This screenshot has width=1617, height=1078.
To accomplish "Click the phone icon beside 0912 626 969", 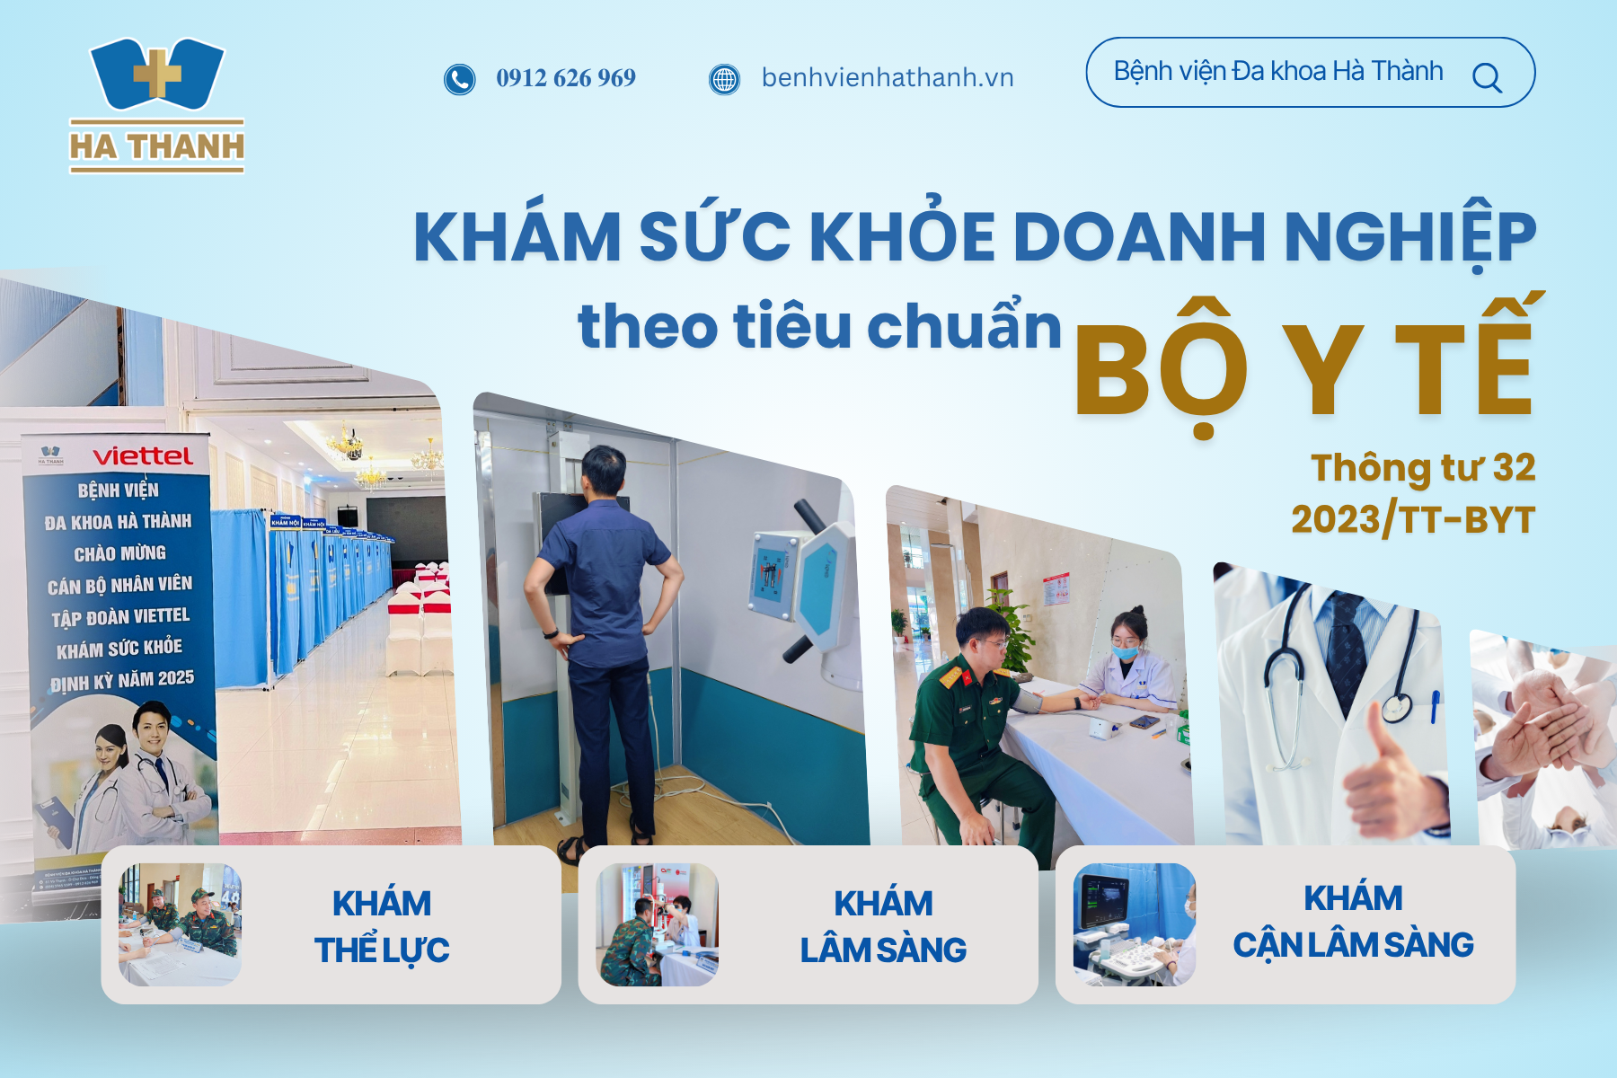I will coord(459,79).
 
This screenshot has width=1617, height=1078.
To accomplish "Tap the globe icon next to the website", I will coord(724,79).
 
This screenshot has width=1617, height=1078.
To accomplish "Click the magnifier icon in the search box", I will coord(1487,78).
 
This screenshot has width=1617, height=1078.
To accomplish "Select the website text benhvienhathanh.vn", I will coord(888,78).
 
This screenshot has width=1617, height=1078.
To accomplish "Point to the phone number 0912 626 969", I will coord(566,78).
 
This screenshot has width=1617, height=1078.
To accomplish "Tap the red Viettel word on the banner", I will coord(143,456).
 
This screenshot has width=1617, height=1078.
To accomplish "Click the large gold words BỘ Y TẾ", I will coord(1303,370).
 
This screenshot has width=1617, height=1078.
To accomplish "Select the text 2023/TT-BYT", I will coord(1413,519).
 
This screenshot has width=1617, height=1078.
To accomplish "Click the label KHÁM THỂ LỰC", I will coord(382,926).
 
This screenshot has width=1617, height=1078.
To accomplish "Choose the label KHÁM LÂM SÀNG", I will coord(883,926).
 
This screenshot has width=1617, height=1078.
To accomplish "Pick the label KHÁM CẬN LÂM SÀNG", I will coord(1353,922).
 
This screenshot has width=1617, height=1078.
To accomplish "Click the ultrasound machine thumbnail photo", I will coord(1134,924).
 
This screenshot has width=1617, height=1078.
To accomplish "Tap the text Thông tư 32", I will coord(1423,468).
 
